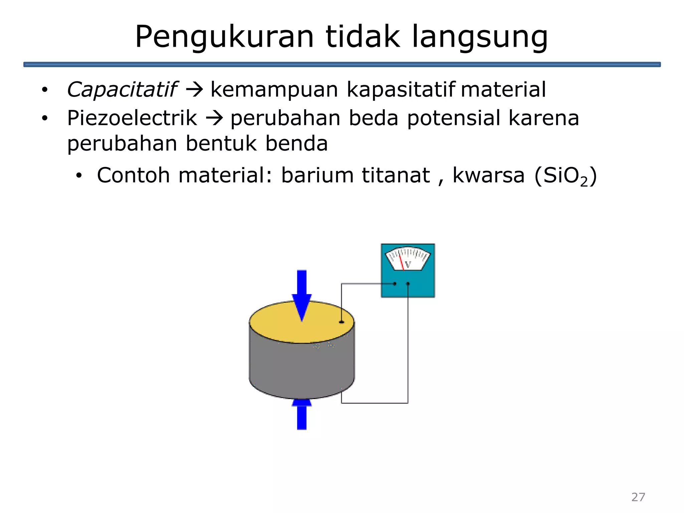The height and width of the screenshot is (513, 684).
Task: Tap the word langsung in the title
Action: (x=480, y=37)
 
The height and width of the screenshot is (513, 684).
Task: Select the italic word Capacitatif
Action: (x=122, y=90)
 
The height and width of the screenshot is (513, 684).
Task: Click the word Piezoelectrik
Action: (x=132, y=118)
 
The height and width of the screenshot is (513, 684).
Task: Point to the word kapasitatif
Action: (x=401, y=90)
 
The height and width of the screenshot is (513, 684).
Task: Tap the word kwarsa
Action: (x=488, y=175)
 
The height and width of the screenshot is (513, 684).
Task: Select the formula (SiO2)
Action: (x=565, y=176)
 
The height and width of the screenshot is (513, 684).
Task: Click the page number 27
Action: (x=638, y=497)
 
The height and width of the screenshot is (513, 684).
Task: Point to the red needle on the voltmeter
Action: (x=401, y=262)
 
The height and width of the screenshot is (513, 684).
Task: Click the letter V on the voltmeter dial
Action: (x=408, y=265)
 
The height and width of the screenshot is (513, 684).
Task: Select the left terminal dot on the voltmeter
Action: (x=395, y=284)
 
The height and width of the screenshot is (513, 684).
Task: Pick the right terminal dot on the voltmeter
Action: (x=408, y=284)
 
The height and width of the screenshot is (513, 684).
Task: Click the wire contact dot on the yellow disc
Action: (x=341, y=322)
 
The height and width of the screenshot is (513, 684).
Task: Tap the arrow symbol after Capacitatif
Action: (x=194, y=90)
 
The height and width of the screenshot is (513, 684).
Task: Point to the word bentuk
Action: (x=221, y=144)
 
